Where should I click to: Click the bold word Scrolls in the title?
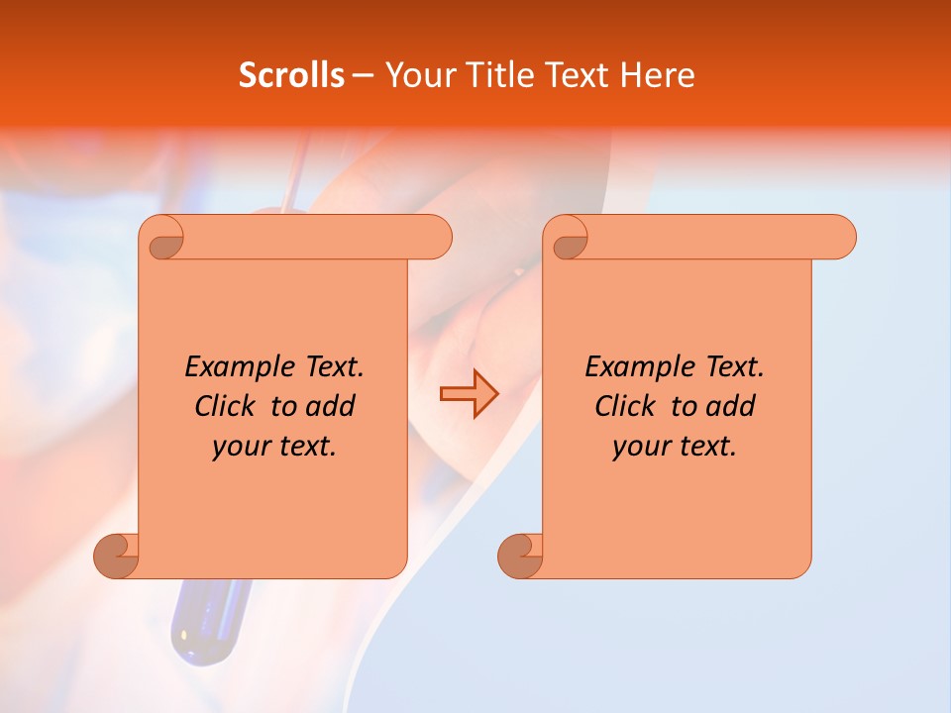[x=291, y=75]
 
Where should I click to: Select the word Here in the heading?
[x=657, y=75]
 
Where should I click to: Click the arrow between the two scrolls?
[x=469, y=394]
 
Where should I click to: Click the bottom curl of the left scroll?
[x=115, y=556]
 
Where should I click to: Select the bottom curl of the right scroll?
[x=519, y=556]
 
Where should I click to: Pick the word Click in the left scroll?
[x=226, y=407]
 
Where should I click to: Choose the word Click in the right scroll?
[x=626, y=407]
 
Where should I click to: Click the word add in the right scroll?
[x=731, y=407]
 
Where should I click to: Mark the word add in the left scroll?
[x=331, y=407]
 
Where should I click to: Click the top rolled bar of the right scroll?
[x=713, y=237]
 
